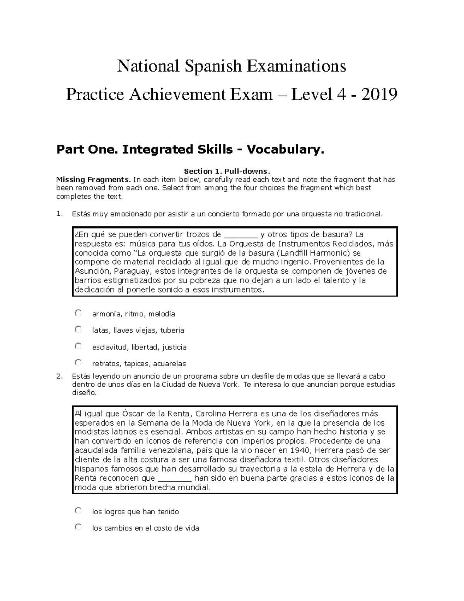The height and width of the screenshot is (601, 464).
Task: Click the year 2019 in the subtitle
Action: tap(379, 94)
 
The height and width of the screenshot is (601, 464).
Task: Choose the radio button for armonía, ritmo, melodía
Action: tap(78, 313)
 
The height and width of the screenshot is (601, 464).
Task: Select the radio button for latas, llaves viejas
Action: tap(78, 329)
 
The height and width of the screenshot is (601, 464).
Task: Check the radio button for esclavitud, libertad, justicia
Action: tap(78, 346)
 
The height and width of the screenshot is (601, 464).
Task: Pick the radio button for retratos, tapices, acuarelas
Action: tap(78, 363)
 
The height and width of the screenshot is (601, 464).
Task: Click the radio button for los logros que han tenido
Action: tap(78, 511)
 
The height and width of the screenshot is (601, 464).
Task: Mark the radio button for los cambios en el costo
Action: tap(78, 527)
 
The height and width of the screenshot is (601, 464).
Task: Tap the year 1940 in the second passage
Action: tap(300, 450)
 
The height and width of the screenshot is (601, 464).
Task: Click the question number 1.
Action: tap(59, 214)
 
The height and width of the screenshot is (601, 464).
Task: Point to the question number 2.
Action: tap(59, 376)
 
